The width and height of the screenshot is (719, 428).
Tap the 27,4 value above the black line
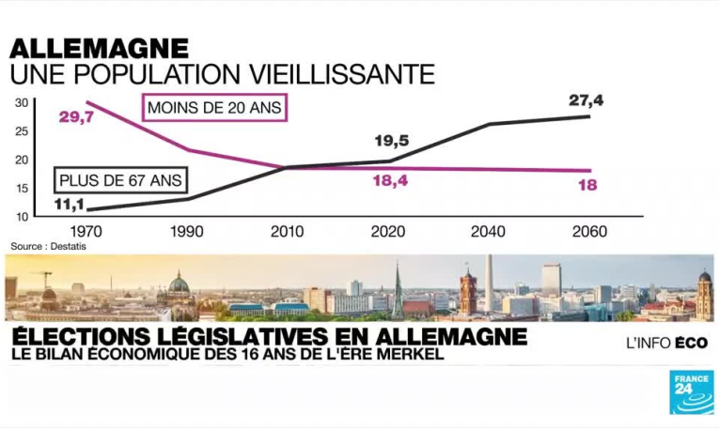(586, 99)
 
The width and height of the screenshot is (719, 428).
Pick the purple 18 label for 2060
(587, 185)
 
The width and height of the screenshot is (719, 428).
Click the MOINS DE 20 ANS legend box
(213, 108)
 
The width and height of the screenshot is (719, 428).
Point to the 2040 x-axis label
(487, 231)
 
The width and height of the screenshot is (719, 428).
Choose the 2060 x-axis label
(588, 231)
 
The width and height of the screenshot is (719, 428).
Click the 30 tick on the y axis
(21, 102)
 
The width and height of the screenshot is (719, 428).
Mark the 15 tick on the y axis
(21, 188)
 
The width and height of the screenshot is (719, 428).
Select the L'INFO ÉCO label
(666, 344)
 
